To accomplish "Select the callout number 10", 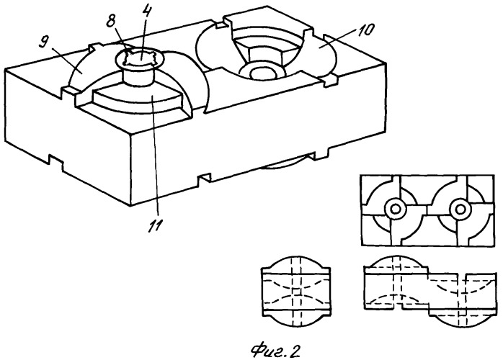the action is (x=366, y=30).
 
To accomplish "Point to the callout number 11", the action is (x=155, y=225).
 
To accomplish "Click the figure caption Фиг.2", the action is (x=275, y=350).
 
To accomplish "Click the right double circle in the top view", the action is (x=460, y=210).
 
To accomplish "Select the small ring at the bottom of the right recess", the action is (x=262, y=73).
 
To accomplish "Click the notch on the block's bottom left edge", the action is (x=55, y=161).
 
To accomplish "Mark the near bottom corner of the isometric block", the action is (x=130, y=205).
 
